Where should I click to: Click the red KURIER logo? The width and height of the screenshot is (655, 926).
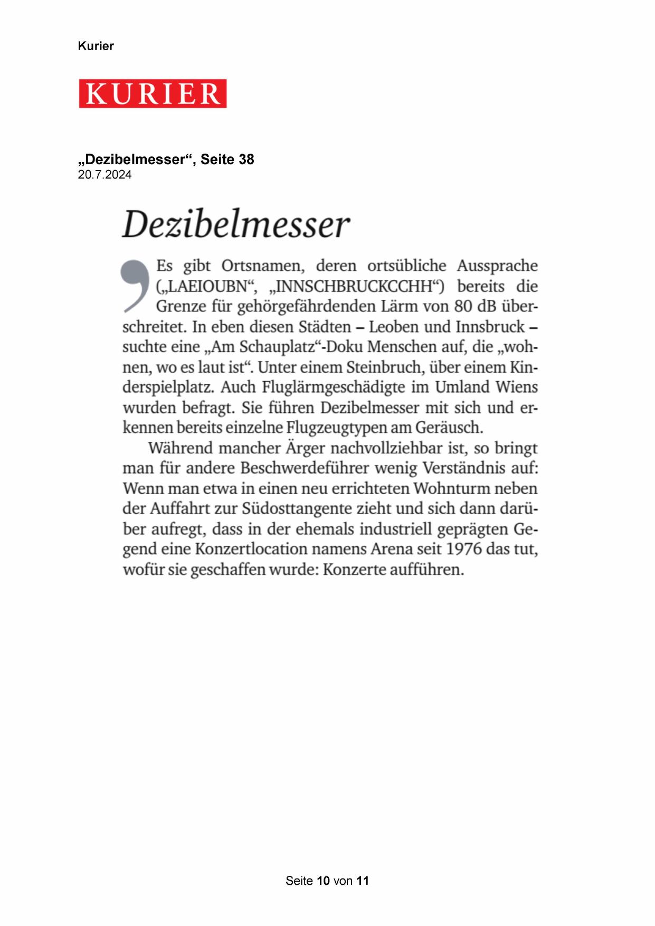pos(153,93)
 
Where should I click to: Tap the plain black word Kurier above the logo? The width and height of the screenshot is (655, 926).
pos(96,46)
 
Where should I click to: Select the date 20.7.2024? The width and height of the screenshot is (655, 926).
pos(105,175)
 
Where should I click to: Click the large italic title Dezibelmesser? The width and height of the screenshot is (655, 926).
pos(236,224)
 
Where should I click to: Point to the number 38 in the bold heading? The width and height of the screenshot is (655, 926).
pos(246,159)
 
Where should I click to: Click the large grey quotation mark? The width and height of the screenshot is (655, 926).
pos(135,285)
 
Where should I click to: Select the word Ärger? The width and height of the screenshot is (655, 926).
pos(305,448)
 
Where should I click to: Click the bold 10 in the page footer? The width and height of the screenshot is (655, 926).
pos(323,881)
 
